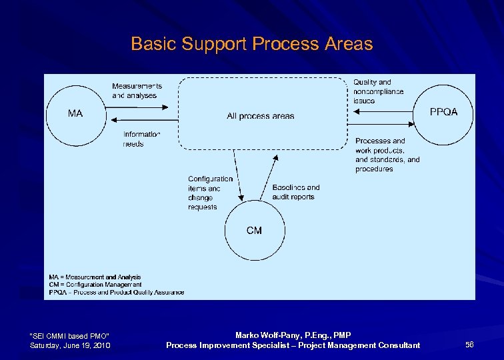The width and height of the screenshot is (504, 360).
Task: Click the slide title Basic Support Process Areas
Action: [x=251, y=44]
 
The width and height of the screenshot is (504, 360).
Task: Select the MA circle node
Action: [x=75, y=113]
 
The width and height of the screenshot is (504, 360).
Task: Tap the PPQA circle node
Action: [x=444, y=112]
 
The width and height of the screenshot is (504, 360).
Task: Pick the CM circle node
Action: [x=254, y=231]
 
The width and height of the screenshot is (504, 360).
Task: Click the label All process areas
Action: [x=260, y=116]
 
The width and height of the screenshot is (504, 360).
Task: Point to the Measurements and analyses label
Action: [x=137, y=91]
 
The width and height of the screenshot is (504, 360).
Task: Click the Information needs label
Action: [x=141, y=139]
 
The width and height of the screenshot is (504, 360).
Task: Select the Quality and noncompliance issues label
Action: [x=377, y=91]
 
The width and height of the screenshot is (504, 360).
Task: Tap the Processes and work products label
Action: [x=387, y=155]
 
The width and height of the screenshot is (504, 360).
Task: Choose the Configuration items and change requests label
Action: [x=210, y=193]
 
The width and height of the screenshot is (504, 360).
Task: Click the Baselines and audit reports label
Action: [x=295, y=192]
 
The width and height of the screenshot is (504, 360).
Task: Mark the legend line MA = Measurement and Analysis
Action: [x=95, y=277]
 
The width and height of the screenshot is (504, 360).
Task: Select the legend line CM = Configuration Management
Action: [x=95, y=285]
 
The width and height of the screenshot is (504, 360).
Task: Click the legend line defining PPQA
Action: [x=116, y=292]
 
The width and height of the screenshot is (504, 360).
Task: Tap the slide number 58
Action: [x=469, y=345]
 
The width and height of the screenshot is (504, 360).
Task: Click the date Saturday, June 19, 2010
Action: [x=71, y=345]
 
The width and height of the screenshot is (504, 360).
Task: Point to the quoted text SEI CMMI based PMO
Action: [x=70, y=335]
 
